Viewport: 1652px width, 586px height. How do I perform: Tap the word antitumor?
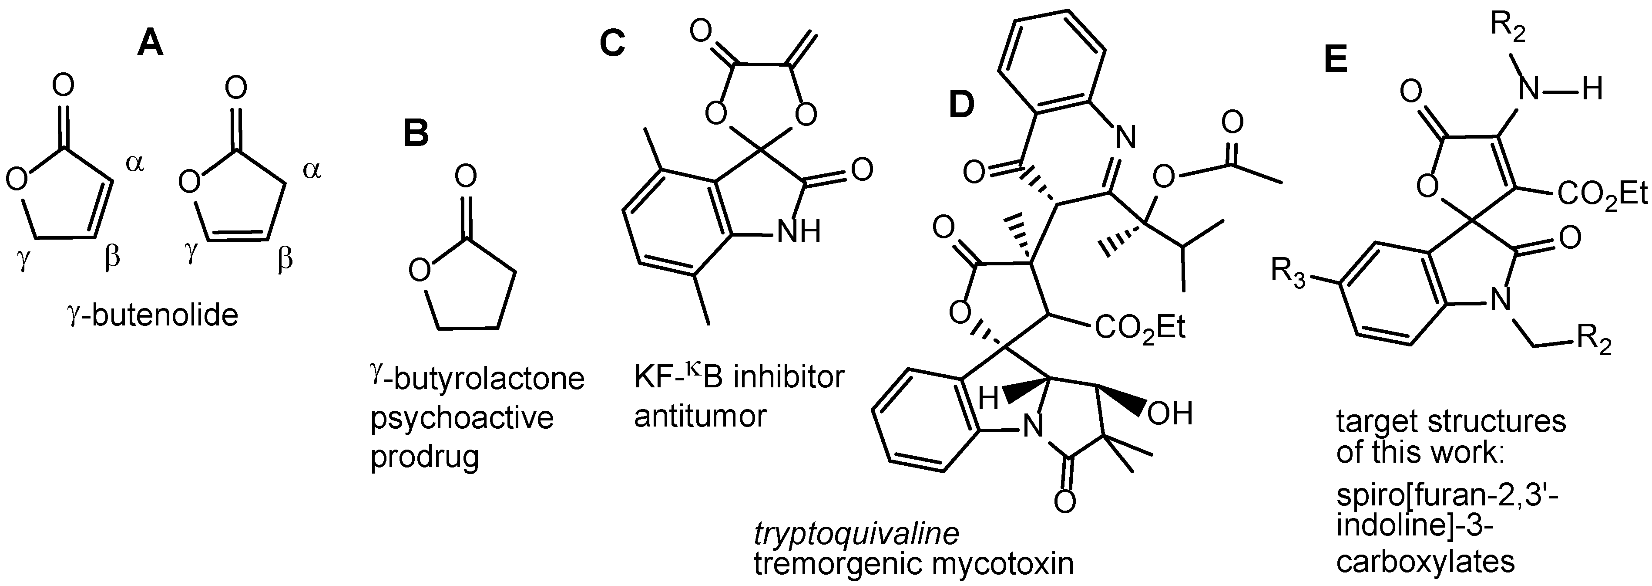(x=700, y=416)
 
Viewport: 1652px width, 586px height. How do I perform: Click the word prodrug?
(x=425, y=457)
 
